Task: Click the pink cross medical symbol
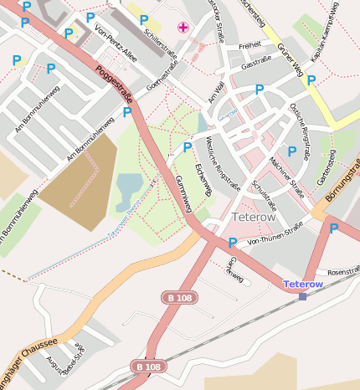click(183, 28)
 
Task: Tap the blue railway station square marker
click(302, 296)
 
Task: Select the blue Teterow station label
click(303, 285)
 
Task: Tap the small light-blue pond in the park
click(129, 191)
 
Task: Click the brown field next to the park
click(79, 180)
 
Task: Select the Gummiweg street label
click(185, 194)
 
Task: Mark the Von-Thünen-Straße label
click(275, 233)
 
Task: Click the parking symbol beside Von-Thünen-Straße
click(232, 243)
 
